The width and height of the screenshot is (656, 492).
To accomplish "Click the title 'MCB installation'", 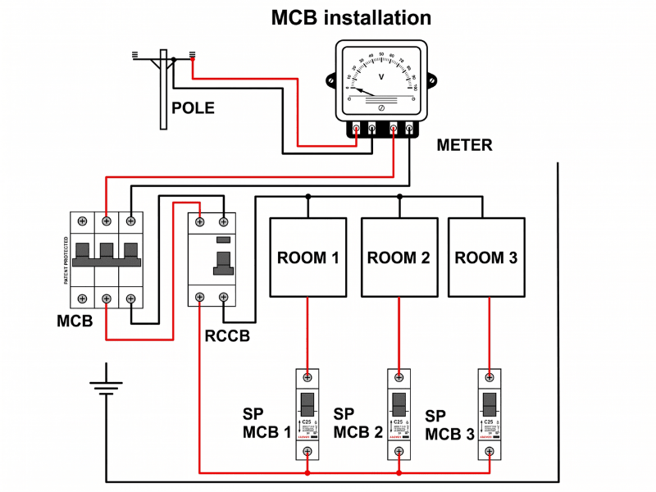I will [x=351, y=17].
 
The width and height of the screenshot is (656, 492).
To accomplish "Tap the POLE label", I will [x=193, y=107].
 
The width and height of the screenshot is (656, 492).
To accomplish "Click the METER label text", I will [x=464, y=145].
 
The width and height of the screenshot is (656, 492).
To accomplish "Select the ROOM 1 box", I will [x=307, y=257].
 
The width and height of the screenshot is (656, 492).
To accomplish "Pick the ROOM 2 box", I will [x=399, y=257].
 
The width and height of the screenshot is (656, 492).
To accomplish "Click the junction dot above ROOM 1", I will [x=307, y=196].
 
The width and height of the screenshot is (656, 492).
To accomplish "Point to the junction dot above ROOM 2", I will [x=399, y=196].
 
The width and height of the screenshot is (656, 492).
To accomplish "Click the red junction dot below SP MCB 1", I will [x=307, y=474].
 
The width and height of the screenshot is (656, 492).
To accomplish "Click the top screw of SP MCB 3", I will [x=490, y=377].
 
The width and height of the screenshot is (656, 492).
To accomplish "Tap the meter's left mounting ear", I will [x=331, y=82].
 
